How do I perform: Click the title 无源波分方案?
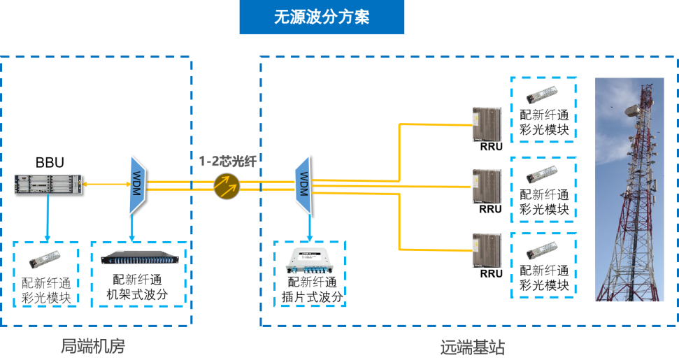click(x=322, y=17)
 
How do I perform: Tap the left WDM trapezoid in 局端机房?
click(x=136, y=185)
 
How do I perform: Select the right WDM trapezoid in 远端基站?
click(x=303, y=185)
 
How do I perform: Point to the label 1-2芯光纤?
click(x=227, y=161)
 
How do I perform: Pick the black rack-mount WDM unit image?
click(x=138, y=257)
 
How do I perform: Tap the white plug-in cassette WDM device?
click(x=308, y=261)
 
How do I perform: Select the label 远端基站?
click(x=472, y=346)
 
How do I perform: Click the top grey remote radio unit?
click(x=487, y=124)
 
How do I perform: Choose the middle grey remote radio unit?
click(x=487, y=187)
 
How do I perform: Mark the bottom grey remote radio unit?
click(x=487, y=250)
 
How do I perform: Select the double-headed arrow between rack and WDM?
click(x=105, y=185)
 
